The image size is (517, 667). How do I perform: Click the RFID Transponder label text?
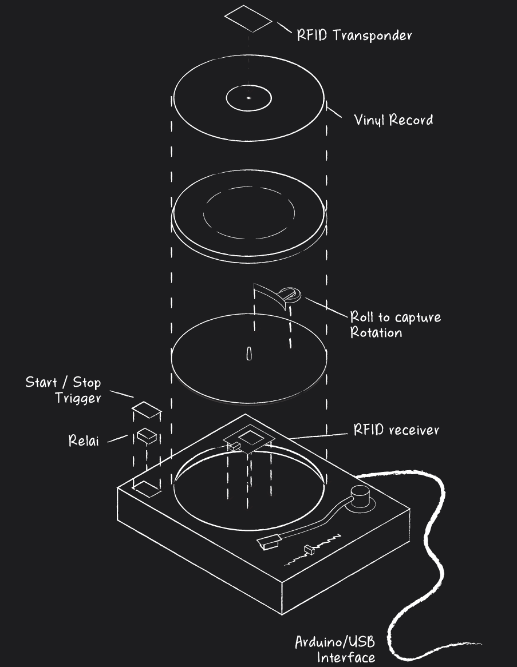(x=354, y=35)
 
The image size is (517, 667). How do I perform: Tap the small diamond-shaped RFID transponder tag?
(x=248, y=19)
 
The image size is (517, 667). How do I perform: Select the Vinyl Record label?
(x=393, y=120)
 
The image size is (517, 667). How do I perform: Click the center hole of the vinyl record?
(x=248, y=98)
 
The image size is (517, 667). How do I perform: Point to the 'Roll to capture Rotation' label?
(x=395, y=324)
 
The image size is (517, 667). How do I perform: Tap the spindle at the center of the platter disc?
(x=248, y=353)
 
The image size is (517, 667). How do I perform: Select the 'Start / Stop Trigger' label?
(x=63, y=390)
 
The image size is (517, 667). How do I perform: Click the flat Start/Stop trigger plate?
(x=145, y=410)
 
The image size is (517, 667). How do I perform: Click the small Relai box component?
(x=146, y=435)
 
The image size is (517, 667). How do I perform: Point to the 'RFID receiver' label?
(x=396, y=430)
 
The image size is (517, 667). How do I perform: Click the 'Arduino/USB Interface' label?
(x=336, y=649)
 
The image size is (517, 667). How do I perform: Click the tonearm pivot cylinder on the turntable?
(x=361, y=496)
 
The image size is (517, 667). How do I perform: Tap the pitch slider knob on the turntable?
(x=310, y=550)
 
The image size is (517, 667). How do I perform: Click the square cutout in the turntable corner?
(x=147, y=487)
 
